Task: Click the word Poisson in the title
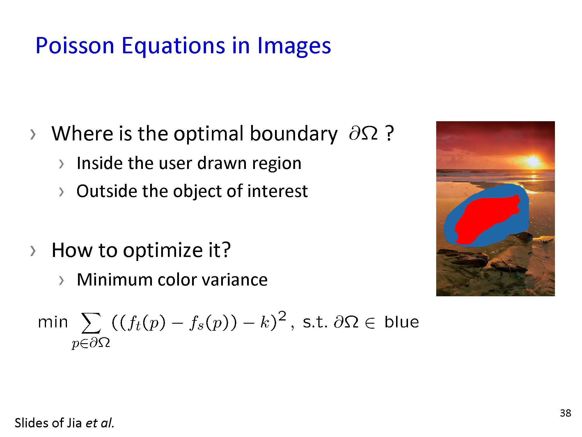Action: pyautogui.click(x=75, y=46)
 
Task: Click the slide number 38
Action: pyautogui.click(x=565, y=413)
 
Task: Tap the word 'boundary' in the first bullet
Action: pyautogui.click(x=293, y=134)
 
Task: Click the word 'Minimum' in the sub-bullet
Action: pyautogui.click(x=114, y=280)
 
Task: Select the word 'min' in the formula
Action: pyautogui.click(x=53, y=322)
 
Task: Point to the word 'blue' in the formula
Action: pyautogui.click(x=402, y=322)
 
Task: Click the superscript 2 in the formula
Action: pyautogui.click(x=282, y=316)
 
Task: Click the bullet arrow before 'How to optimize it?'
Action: pyautogui.click(x=33, y=251)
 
